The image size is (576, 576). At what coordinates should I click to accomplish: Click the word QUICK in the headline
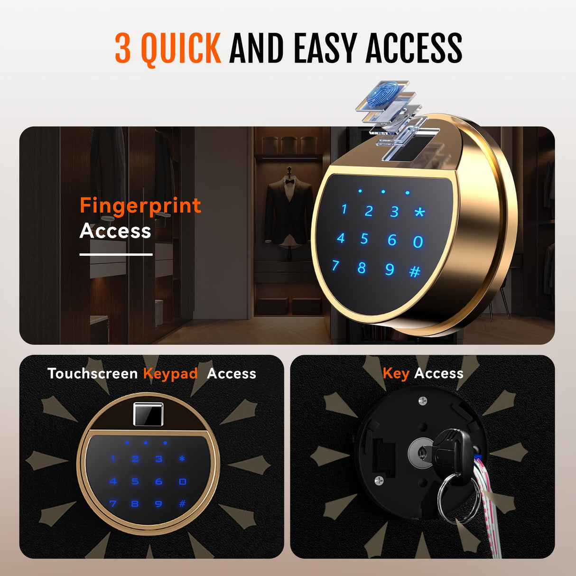point(181,48)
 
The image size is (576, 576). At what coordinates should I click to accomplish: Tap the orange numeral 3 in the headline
point(123,48)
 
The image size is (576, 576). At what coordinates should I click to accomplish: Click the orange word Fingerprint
point(140,206)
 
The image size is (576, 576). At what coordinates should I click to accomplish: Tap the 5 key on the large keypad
point(364,239)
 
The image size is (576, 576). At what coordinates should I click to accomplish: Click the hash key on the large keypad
point(415,271)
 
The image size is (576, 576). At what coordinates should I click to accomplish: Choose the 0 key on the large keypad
point(418,242)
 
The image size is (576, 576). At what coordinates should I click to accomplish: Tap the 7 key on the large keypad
point(335,265)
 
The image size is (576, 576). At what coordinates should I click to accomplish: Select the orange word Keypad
point(170,374)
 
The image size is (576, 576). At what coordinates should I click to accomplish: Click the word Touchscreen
point(93,373)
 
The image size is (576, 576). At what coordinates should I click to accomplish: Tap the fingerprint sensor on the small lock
point(148,414)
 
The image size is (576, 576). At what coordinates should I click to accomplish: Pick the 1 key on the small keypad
point(113,458)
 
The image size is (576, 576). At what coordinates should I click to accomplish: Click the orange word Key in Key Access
point(396,374)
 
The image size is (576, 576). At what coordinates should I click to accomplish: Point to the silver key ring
point(457,498)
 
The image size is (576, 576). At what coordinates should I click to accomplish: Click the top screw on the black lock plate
point(422,401)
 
